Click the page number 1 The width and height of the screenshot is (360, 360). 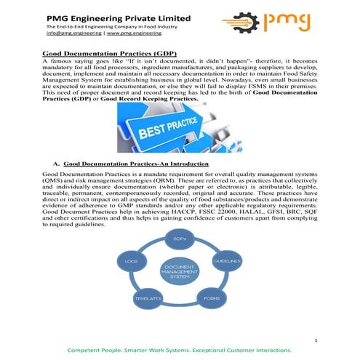coord(318,340)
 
